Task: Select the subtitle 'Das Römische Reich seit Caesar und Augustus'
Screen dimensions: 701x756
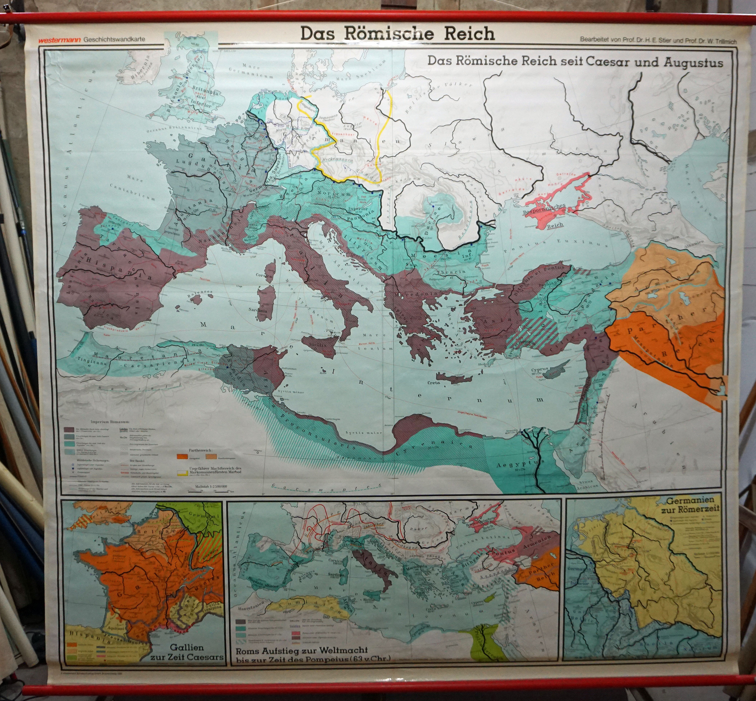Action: [x=575, y=62]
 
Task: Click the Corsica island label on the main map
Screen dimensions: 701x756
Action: [x=265, y=276]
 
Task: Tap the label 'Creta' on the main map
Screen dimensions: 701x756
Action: [x=434, y=383]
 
